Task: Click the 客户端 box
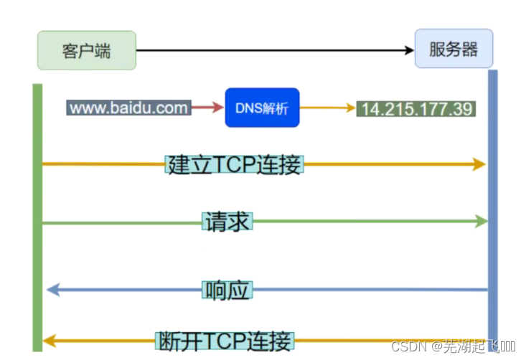coord(87,50)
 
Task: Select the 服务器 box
coord(454,49)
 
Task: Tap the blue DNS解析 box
coord(261,108)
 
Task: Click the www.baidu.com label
coord(129,108)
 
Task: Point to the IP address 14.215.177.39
coord(416,109)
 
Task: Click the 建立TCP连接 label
coord(235,164)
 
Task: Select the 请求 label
coord(227,222)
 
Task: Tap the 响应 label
coord(227,290)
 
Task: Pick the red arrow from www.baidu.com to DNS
coord(208,108)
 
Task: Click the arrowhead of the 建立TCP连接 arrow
coord(479,164)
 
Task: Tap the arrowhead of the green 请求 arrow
coord(481,222)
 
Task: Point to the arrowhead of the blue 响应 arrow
coord(52,290)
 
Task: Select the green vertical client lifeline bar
coord(37,215)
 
